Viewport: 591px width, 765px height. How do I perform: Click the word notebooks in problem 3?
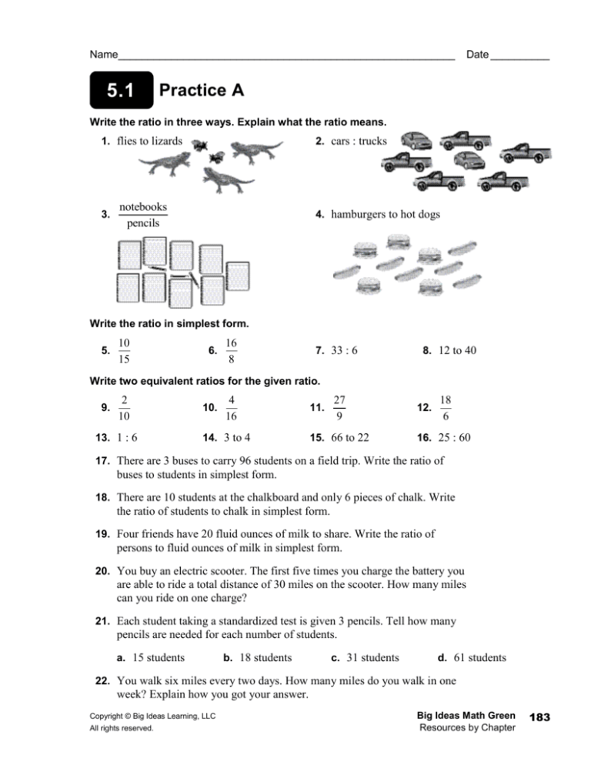point(144,206)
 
